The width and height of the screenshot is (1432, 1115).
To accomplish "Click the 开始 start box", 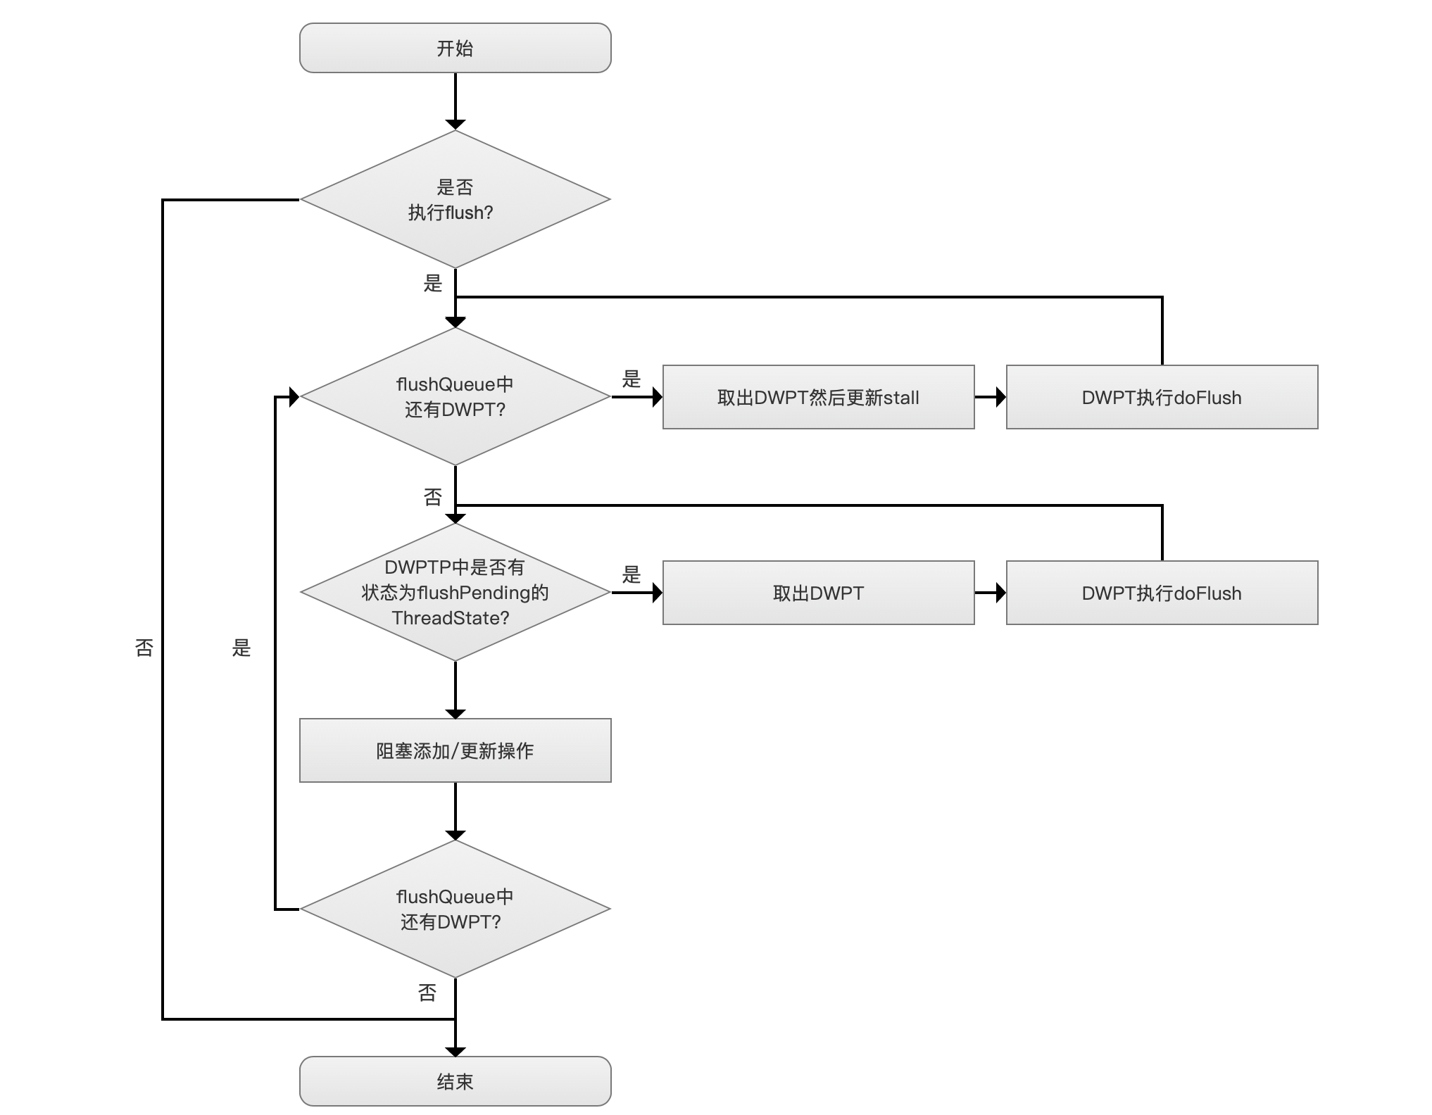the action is (455, 48).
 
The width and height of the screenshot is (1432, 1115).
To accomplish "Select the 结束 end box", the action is (455, 1081).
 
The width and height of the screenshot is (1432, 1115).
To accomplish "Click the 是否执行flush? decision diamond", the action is (455, 199).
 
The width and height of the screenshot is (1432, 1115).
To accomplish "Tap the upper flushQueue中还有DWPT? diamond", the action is (455, 397).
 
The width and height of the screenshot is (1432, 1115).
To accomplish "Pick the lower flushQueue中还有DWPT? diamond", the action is (455, 909).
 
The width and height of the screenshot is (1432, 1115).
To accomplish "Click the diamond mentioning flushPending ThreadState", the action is (455, 593).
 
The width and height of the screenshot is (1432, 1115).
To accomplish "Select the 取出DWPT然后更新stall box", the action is (819, 397).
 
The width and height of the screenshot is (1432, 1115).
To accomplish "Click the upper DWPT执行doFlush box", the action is (1162, 397).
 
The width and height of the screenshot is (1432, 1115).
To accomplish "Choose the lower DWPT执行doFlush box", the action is (1162, 593).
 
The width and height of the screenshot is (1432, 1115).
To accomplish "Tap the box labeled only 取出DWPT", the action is (819, 593).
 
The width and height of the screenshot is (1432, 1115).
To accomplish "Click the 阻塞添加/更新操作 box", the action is (455, 750).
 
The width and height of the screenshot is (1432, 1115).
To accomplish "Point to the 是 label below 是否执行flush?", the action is (433, 284).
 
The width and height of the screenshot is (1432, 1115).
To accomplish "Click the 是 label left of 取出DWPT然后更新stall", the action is (632, 379).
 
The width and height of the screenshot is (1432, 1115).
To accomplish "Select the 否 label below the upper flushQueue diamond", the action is (433, 498).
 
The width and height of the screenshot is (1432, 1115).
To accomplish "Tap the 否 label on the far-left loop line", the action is (144, 648).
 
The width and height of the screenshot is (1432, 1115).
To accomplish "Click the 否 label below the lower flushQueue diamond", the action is (427, 993).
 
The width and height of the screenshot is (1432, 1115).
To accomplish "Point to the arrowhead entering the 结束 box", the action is (456, 1052).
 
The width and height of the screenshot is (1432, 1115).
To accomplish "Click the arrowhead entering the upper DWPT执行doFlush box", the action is (1001, 397).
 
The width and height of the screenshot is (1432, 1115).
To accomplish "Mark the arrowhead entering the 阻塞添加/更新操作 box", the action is (456, 714).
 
